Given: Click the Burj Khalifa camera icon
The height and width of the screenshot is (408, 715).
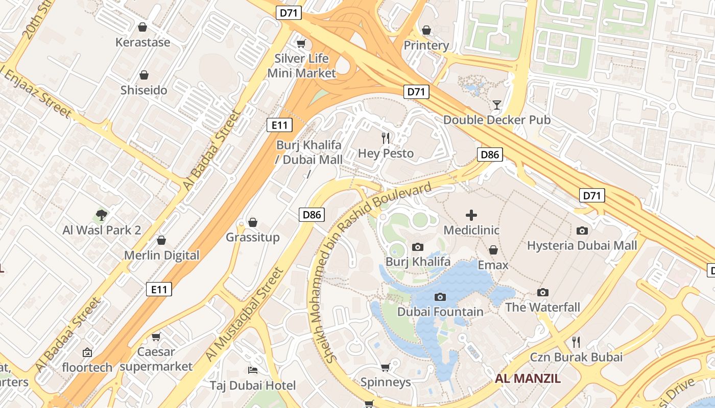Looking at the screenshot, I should click(417, 247).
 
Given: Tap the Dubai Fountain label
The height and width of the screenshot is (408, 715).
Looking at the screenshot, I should click(440, 312).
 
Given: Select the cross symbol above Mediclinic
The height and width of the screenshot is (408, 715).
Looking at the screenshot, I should click(471, 215).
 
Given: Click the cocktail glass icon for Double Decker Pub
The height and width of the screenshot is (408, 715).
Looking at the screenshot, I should click(496, 105).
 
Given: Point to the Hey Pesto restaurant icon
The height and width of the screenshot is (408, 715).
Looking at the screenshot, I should click(386, 138).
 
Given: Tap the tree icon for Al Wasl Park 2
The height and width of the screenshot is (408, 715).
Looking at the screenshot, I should click(102, 215).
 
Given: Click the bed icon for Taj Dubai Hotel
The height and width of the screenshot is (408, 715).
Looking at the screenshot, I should click(252, 370).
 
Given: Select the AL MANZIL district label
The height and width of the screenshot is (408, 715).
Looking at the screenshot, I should click(528, 378).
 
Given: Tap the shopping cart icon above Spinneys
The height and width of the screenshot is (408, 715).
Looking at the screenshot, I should click(386, 368).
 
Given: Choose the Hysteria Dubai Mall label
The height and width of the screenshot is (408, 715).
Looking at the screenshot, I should click(582, 246).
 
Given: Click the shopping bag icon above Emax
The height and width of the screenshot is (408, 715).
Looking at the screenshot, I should click(493, 250).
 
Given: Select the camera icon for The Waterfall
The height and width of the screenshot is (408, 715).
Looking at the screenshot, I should click(542, 293).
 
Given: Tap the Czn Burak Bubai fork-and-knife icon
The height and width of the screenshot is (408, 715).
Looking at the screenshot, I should click(576, 342).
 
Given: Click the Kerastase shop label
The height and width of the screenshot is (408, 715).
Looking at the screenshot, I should click(142, 42).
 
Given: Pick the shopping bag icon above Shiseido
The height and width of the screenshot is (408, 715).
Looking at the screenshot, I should click(144, 75).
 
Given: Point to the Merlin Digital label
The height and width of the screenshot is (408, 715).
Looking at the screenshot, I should click(162, 256).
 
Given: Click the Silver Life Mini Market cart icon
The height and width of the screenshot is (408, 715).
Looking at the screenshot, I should click(301, 43).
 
